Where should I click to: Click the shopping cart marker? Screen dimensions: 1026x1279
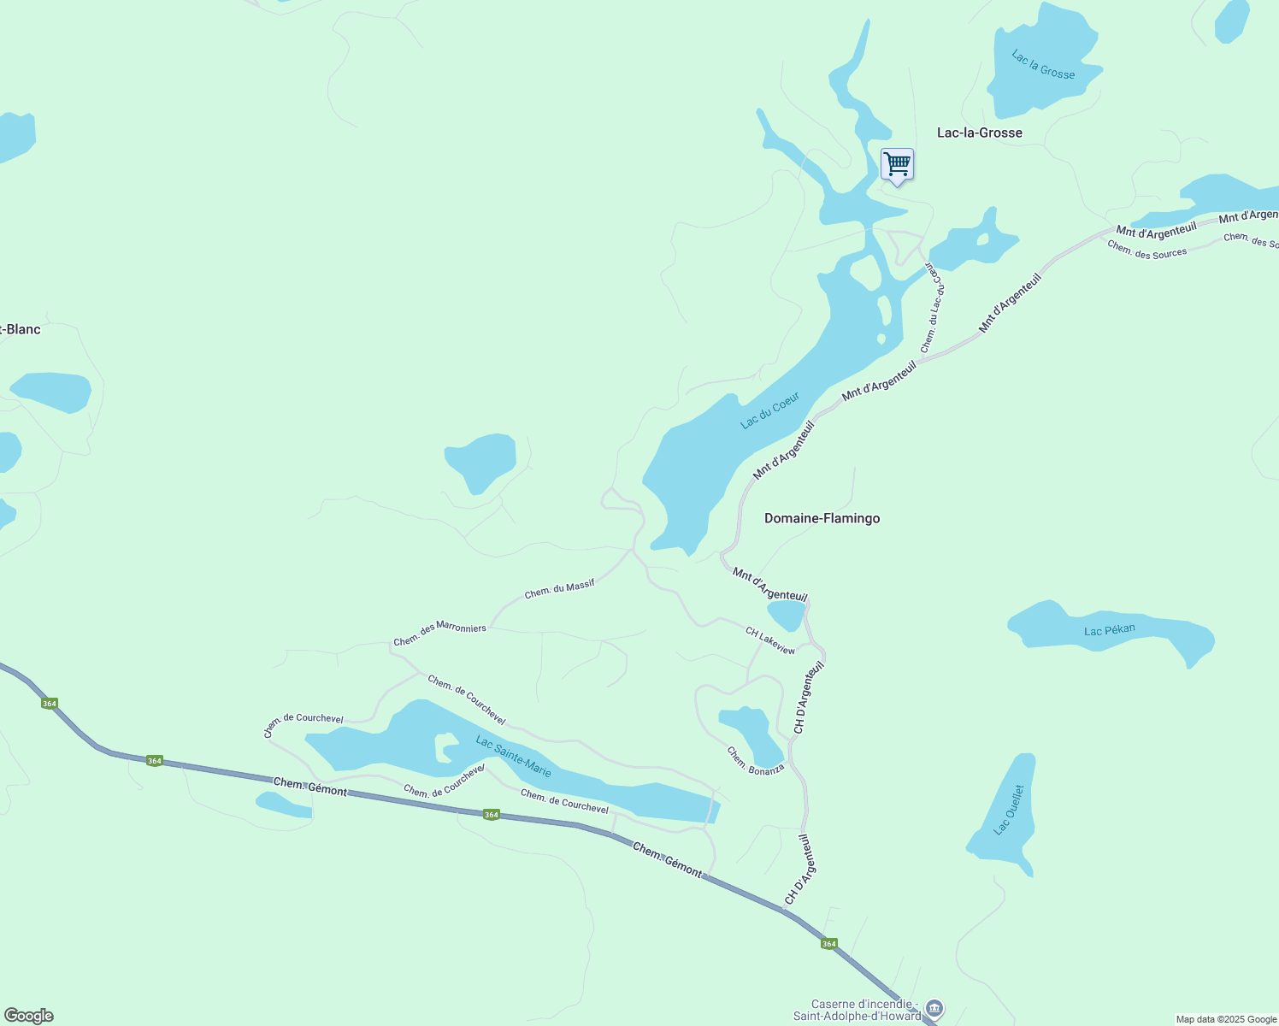897,163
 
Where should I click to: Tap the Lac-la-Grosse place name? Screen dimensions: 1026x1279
979,133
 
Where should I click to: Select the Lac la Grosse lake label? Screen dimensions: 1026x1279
1043,65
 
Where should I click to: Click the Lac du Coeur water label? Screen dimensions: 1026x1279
769,410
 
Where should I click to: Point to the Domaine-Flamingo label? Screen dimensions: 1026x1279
822,518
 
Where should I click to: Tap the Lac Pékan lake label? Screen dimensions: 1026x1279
1109,630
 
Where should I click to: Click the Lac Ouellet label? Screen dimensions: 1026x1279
1009,809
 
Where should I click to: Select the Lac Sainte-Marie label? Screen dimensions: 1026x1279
513,757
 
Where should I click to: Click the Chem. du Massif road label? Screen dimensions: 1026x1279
559,589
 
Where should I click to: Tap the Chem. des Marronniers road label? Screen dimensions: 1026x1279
439,634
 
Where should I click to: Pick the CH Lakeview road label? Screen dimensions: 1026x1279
769,640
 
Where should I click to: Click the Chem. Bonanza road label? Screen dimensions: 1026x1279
755,761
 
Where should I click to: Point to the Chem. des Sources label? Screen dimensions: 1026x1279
1146,249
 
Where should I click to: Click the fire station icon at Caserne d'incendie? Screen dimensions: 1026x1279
934,1009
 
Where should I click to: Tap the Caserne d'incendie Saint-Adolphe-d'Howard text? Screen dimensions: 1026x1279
858,1010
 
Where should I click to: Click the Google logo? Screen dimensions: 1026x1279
28,1016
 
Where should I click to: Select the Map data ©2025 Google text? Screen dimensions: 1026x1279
1225,1019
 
